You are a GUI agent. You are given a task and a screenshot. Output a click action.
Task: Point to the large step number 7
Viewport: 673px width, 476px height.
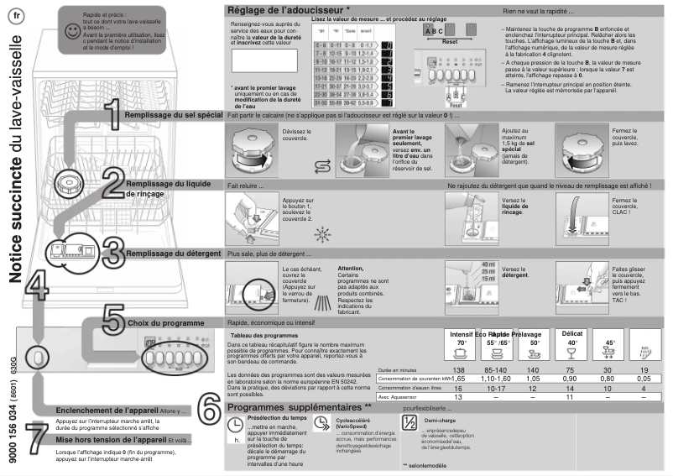click(37, 437)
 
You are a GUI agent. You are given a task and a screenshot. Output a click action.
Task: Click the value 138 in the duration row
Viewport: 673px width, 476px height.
click(458, 370)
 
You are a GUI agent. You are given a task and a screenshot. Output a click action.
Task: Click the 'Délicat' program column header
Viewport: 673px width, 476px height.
click(572, 333)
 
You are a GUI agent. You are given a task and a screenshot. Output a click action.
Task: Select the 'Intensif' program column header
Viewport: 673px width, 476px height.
click(459, 333)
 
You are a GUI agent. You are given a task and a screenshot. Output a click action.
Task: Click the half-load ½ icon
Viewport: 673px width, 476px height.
click(409, 423)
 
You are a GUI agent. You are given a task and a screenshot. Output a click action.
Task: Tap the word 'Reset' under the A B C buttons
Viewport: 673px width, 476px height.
click(449, 40)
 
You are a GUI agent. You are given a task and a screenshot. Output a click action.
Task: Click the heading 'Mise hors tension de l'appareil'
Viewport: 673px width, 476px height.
click(110, 439)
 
